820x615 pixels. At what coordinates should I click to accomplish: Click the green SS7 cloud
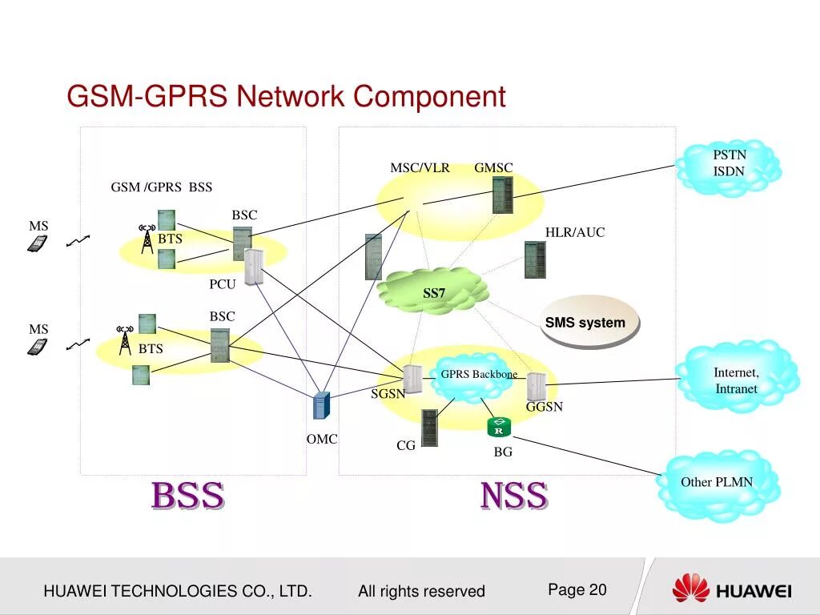(433, 291)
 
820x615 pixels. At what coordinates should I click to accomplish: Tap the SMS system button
(590, 323)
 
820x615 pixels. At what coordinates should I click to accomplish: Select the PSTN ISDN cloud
(728, 167)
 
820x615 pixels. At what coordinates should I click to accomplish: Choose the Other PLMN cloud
(717, 482)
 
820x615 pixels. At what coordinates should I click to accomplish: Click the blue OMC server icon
(321, 407)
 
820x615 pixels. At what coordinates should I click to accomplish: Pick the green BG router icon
(499, 428)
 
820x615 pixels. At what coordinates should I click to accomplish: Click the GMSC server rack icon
(502, 195)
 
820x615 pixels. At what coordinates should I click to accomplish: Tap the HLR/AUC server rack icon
(535, 259)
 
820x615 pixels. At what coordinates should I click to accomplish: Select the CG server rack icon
(430, 428)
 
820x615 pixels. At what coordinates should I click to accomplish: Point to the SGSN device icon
(412, 378)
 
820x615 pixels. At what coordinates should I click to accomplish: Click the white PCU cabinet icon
(254, 267)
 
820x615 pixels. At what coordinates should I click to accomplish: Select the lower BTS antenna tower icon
(124, 340)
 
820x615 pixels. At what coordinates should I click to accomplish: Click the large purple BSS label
(188, 496)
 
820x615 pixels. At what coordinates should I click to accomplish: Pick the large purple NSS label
(514, 496)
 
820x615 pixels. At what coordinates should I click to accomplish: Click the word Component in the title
(429, 97)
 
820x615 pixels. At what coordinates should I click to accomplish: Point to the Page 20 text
(577, 590)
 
